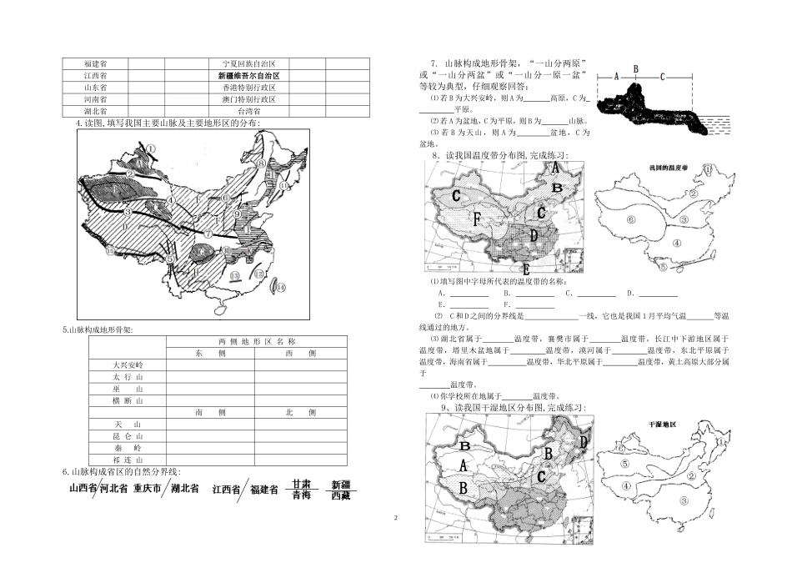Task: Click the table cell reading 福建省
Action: [94, 63]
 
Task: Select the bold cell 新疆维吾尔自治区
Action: [248, 75]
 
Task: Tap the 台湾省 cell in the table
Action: [248, 110]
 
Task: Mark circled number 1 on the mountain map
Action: [151, 149]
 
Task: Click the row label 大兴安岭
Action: [128, 365]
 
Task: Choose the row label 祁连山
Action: [128, 459]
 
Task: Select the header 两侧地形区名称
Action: [257, 342]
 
